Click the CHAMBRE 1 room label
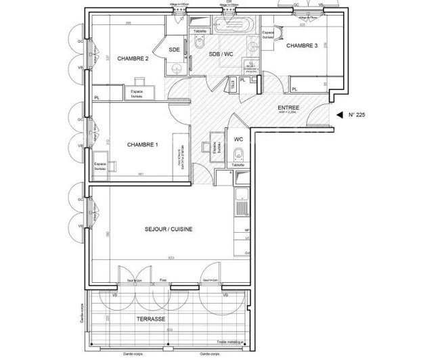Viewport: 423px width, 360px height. (143, 145)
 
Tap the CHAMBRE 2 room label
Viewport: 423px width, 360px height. (133, 59)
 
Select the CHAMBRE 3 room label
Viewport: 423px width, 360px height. (301, 45)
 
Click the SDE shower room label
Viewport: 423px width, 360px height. (174, 49)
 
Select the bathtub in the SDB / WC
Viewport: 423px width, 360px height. (233, 26)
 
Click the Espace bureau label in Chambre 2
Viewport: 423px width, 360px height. (138, 93)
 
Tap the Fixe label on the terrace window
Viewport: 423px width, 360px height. (162, 280)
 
